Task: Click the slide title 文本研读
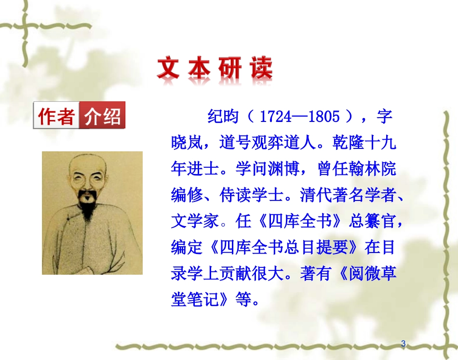215,68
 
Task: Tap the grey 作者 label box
56,116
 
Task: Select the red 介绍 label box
102,116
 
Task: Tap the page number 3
404,344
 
